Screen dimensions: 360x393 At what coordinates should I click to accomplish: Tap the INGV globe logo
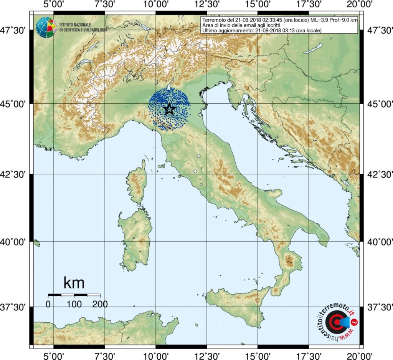coord(46,27)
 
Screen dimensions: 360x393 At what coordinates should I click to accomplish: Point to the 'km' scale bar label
coord(74,283)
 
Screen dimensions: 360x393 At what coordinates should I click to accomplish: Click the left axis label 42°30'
coord(17,174)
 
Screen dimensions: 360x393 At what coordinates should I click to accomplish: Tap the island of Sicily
coord(242,307)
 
